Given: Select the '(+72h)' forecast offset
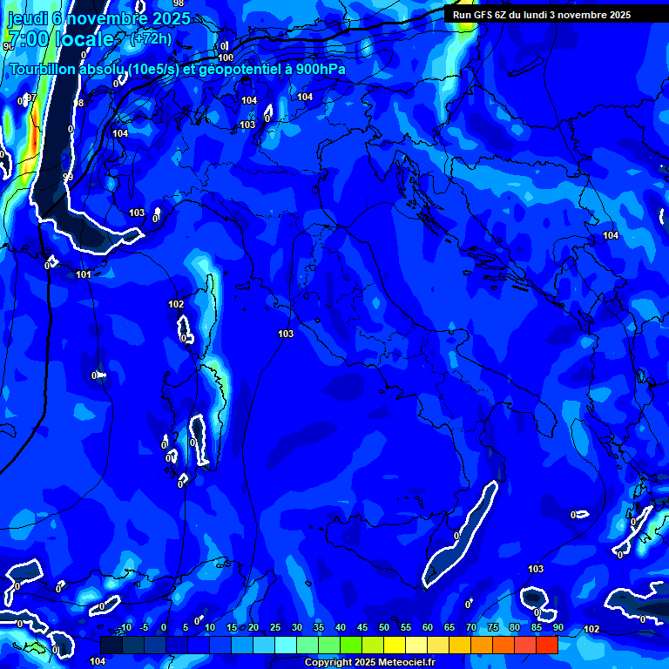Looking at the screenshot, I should pyautogui.click(x=151, y=38).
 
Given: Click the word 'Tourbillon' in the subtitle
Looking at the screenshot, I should pyautogui.click(x=47, y=69).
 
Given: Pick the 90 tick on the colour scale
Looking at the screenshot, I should pyautogui.click(x=557, y=628).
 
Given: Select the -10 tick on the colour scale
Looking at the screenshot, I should pyautogui.click(x=125, y=628).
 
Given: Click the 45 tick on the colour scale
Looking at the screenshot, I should pyautogui.click(x=362, y=628).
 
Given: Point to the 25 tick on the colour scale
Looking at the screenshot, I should pyautogui.click(x=275, y=628).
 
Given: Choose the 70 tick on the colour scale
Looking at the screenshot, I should pyautogui.click(x=470, y=628).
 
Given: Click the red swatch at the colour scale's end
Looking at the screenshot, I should pyautogui.click(x=546, y=645).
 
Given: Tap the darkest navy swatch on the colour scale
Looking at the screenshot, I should pyautogui.click(x=111, y=645).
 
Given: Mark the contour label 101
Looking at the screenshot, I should pyautogui.click(x=84, y=275).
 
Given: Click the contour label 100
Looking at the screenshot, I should pyautogui.click(x=226, y=58).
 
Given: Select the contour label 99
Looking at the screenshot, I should pyautogui.click(x=68, y=178).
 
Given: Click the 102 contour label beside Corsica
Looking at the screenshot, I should pyautogui.click(x=176, y=304).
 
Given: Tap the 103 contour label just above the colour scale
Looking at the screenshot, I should pyautogui.click(x=536, y=569).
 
